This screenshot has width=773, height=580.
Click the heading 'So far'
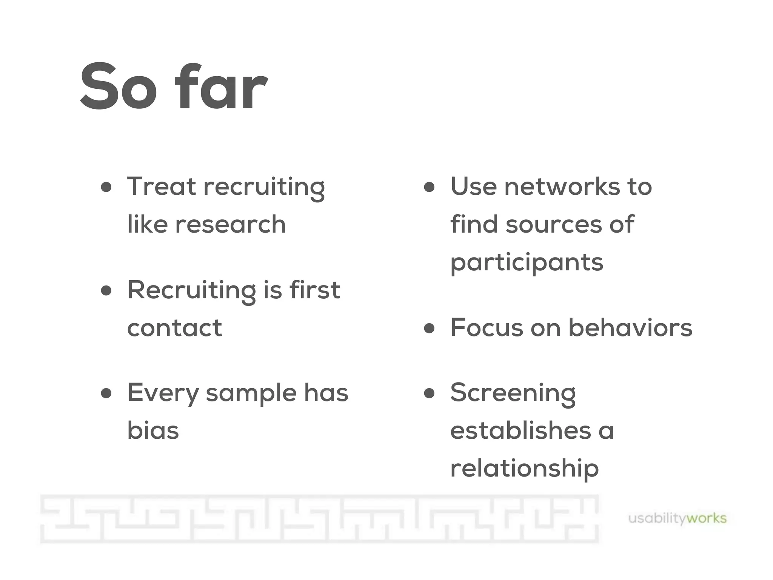point(174,87)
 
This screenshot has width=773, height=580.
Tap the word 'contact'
point(174,328)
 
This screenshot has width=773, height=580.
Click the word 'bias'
point(153,430)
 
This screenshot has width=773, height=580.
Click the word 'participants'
point(527,263)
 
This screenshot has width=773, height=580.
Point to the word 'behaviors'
point(630,327)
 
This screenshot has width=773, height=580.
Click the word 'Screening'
point(513,393)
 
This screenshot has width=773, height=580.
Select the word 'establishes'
point(520,430)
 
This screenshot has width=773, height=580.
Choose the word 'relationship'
point(524,468)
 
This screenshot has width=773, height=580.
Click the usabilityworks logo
point(677,518)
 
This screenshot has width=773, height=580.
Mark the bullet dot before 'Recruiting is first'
point(106,290)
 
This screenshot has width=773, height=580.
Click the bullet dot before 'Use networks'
point(429,187)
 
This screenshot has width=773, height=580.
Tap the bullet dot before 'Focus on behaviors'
point(429,328)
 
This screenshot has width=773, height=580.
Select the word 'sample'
point(251,393)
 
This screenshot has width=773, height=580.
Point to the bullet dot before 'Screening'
point(429,393)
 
